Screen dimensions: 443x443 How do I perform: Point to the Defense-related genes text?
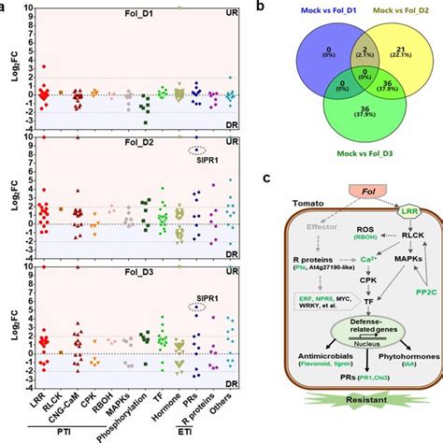tap(347, 348)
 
